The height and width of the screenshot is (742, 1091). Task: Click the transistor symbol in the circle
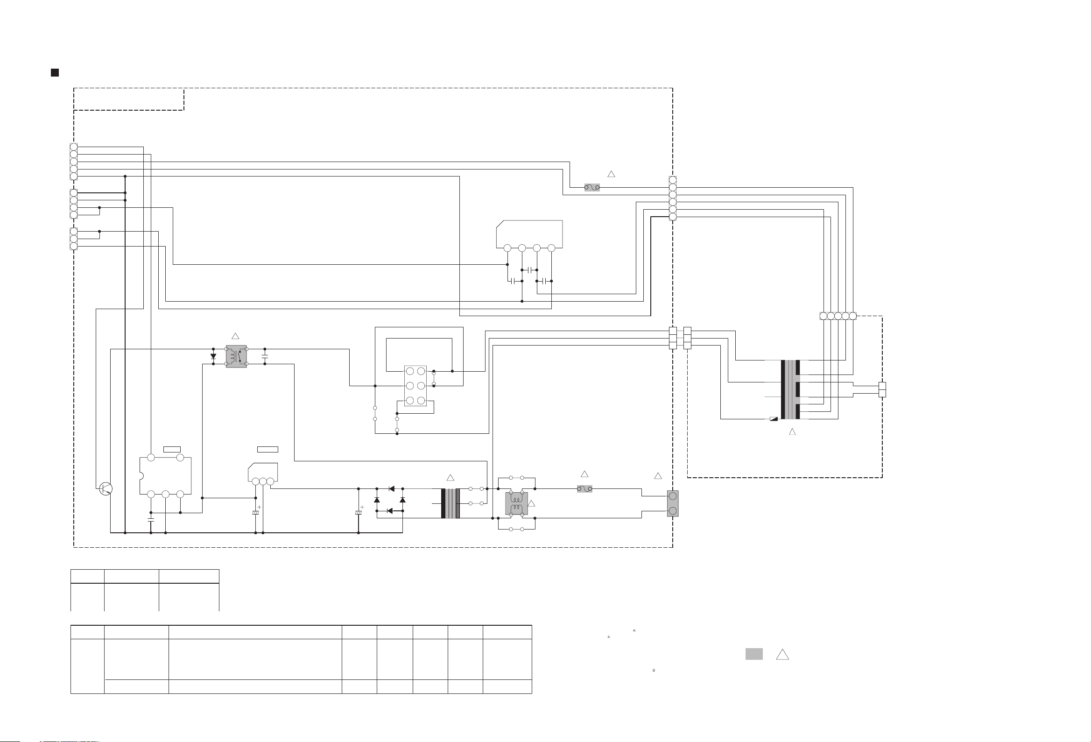point(106,488)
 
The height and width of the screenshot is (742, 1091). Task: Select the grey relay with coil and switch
point(236,356)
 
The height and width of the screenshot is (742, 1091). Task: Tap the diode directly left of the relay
point(213,356)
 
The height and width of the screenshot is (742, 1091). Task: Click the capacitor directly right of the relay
point(265,356)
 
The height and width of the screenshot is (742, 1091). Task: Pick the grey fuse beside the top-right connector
point(591,187)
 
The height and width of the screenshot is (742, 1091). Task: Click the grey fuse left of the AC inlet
point(584,489)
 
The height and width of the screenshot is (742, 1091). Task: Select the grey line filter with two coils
point(516,503)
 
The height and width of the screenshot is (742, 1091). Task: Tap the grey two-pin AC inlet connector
point(672,503)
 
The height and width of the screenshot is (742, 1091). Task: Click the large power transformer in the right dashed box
point(790,390)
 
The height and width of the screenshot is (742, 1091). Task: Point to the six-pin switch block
point(415,386)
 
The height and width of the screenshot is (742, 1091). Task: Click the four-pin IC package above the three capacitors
point(529,235)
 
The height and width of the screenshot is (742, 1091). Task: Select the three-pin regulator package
point(263,473)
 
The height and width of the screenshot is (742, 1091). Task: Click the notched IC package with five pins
point(165,475)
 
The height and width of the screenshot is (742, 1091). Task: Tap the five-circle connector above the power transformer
point(838,316)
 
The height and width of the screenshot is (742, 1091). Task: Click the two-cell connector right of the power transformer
point(882,390)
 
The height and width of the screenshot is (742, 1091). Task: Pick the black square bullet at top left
point(55,72)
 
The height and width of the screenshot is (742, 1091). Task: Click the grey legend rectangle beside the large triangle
point(754,654)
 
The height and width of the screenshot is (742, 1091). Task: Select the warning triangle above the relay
point(236,336)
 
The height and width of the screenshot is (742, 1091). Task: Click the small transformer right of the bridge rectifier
point(450,503)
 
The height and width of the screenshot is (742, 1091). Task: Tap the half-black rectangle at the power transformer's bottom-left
point(774,419)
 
